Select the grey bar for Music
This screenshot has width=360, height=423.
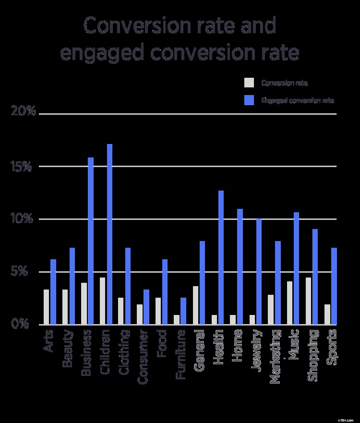coord(290,303)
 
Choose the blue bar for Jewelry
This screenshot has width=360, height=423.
coord(259,272)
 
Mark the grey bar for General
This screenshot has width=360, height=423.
coord(196,305)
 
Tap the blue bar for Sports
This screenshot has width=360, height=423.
coord(334,286)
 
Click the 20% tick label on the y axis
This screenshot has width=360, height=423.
coord(24,111)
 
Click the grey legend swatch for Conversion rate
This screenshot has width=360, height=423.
coord(249,83)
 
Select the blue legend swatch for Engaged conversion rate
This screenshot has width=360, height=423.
coord(249,100)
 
